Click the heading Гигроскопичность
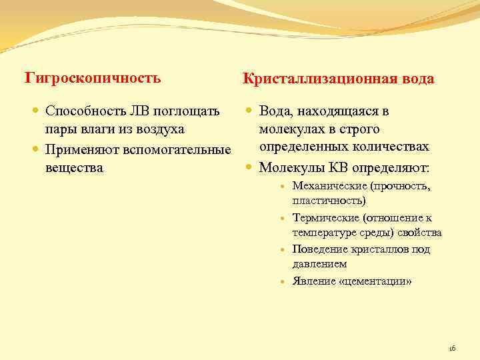tap(93, 78)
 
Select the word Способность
tap(83, 110)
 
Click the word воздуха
tap(157, 128)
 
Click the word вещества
tap(74, 167)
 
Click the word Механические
tap(330, 186)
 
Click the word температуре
tap(323, 233)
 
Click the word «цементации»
tap(376, 281)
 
